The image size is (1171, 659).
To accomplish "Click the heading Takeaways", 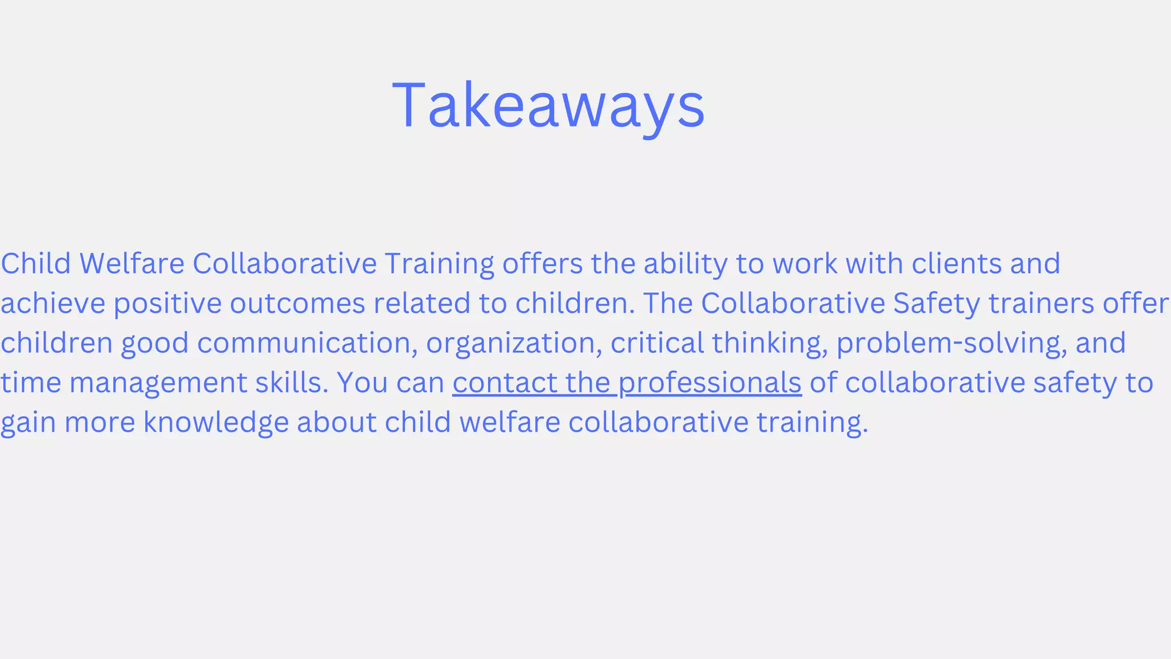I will point(548,106).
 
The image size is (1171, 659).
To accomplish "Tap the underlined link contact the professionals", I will point(627,383).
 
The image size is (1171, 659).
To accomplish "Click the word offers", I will point(542,264).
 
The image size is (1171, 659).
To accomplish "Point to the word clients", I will point(957,264).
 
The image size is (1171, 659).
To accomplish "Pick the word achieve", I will point(53,303).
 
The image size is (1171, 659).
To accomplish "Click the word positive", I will point(168,303).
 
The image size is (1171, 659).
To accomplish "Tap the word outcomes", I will point(297,303).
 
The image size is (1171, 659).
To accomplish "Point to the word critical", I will point(657,343).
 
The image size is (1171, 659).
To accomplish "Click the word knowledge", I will point(216,423).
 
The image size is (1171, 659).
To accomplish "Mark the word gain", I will point(28,423).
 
